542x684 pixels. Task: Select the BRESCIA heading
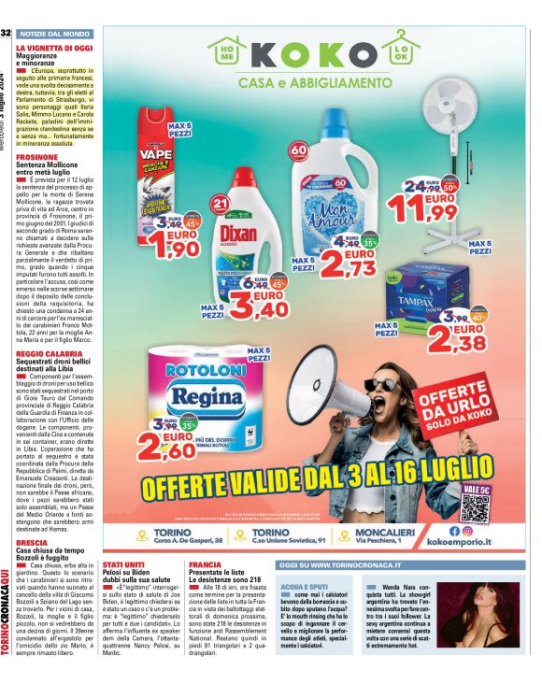pyautogui.click(x=31, y=542)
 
